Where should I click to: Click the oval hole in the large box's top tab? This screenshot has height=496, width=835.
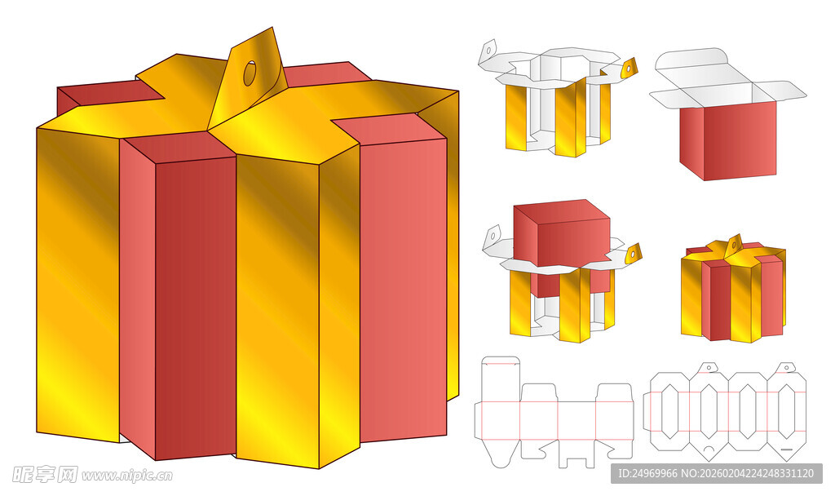[x=250, y=73]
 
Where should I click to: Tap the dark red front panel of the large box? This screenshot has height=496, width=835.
[x=196, y=308]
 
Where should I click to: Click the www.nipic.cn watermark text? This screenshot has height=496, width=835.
[x=127, y=475]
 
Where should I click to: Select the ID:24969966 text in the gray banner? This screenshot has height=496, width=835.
[x=647, y=473]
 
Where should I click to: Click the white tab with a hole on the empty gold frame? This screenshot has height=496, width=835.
[x=488, y=51]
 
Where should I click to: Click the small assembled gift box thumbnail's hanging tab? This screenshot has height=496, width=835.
[x=734, y=243]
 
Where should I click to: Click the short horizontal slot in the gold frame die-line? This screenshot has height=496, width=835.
[x=787, y=449]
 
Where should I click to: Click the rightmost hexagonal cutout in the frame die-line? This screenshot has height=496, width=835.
[x=787, y=411]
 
